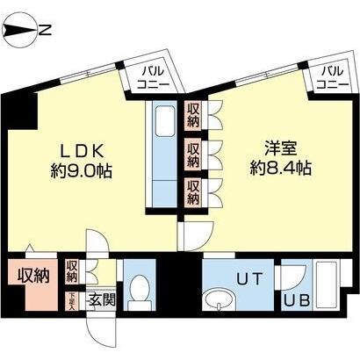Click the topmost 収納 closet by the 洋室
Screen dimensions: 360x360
tap(192, 115)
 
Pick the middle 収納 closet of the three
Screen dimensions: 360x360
tap(192, 155)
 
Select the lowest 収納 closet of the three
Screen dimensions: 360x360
tap(192, 191)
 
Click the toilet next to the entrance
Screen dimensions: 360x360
tap(138, 289)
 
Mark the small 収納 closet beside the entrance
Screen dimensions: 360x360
tap(72, 271)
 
